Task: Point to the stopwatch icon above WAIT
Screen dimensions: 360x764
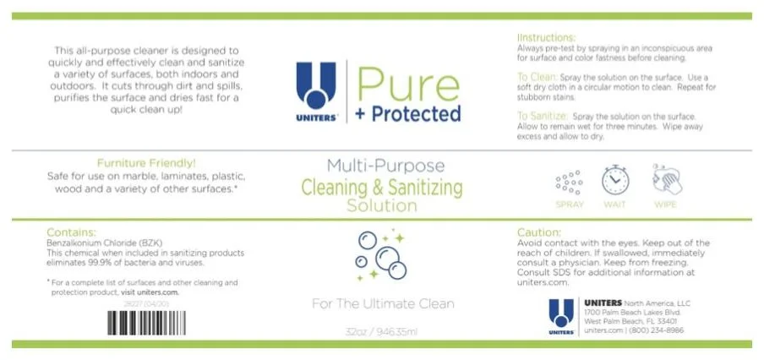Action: (615, 180)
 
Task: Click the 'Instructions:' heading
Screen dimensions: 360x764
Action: (546, 38)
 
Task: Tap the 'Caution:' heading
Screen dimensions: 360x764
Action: (538, 232)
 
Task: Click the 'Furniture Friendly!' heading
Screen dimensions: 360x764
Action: (147, 163)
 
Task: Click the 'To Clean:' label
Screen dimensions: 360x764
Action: (536, 76)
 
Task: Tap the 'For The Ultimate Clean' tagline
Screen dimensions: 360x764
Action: (381, 303)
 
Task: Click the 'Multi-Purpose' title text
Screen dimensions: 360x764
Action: (381, 166)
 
